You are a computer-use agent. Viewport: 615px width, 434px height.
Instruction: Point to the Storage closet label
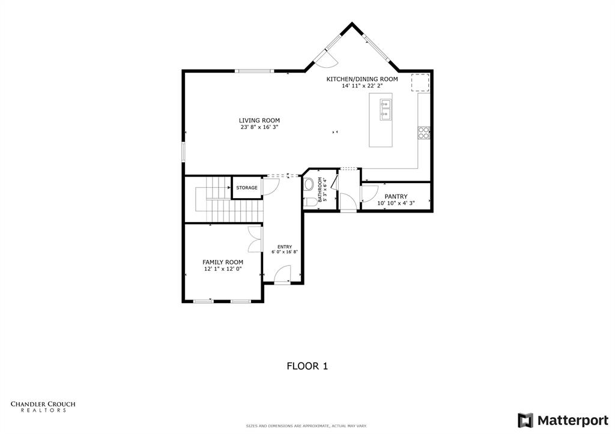point(246,188)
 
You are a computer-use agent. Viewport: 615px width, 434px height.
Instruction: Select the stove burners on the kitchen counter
point(424,133)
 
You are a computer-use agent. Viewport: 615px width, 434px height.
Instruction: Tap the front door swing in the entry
point(282,274)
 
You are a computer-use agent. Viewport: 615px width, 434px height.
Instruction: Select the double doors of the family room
point(254,240)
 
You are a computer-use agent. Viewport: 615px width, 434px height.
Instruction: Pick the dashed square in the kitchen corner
point(420,82)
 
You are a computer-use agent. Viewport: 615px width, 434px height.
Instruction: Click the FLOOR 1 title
point(307,366)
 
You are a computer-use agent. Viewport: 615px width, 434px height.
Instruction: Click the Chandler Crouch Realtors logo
point(43,406)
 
